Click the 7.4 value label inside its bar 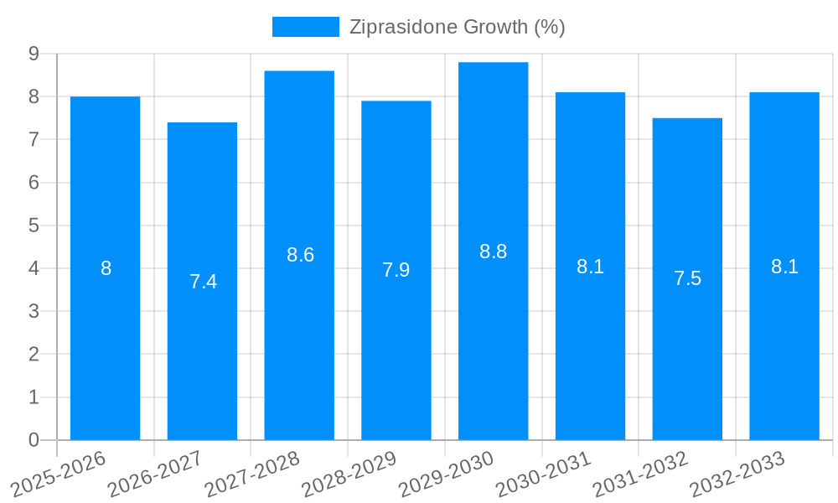coord(203,282)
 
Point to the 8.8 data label coord(493,251)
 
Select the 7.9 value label coord(396,270)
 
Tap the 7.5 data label coord(687,278)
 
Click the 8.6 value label coord(300,255)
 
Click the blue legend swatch coord(305,27)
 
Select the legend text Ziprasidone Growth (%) coord(457,27)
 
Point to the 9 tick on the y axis coord(34,54)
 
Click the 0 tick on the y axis coord(34,440)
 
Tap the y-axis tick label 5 coord(34,226)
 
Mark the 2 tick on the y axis coord(34,355)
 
